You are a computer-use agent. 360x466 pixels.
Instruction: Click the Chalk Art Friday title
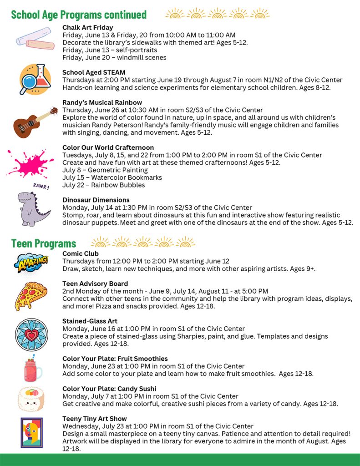pos(88,28)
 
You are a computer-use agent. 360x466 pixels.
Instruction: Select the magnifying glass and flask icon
pos(35,79)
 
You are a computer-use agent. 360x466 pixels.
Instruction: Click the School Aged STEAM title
pos(94,72)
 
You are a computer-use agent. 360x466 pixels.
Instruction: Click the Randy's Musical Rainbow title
pos(102,102)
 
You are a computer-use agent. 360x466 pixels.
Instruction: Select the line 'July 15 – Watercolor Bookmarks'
pos(112,177)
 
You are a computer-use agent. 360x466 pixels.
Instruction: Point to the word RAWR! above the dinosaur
pos(41,186)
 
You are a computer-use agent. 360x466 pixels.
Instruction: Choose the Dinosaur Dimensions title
pos(96,200)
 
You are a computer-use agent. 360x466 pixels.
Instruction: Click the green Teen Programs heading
pos(44,243)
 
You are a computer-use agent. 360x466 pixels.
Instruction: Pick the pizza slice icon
pos(30,295)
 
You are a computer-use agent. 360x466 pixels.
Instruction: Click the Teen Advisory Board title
pos(95,284)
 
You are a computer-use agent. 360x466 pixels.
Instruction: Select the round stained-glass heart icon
pos(31,334)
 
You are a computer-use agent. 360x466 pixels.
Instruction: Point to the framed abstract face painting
pos(31,432)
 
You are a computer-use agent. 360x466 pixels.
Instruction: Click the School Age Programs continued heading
pos(79,15)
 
